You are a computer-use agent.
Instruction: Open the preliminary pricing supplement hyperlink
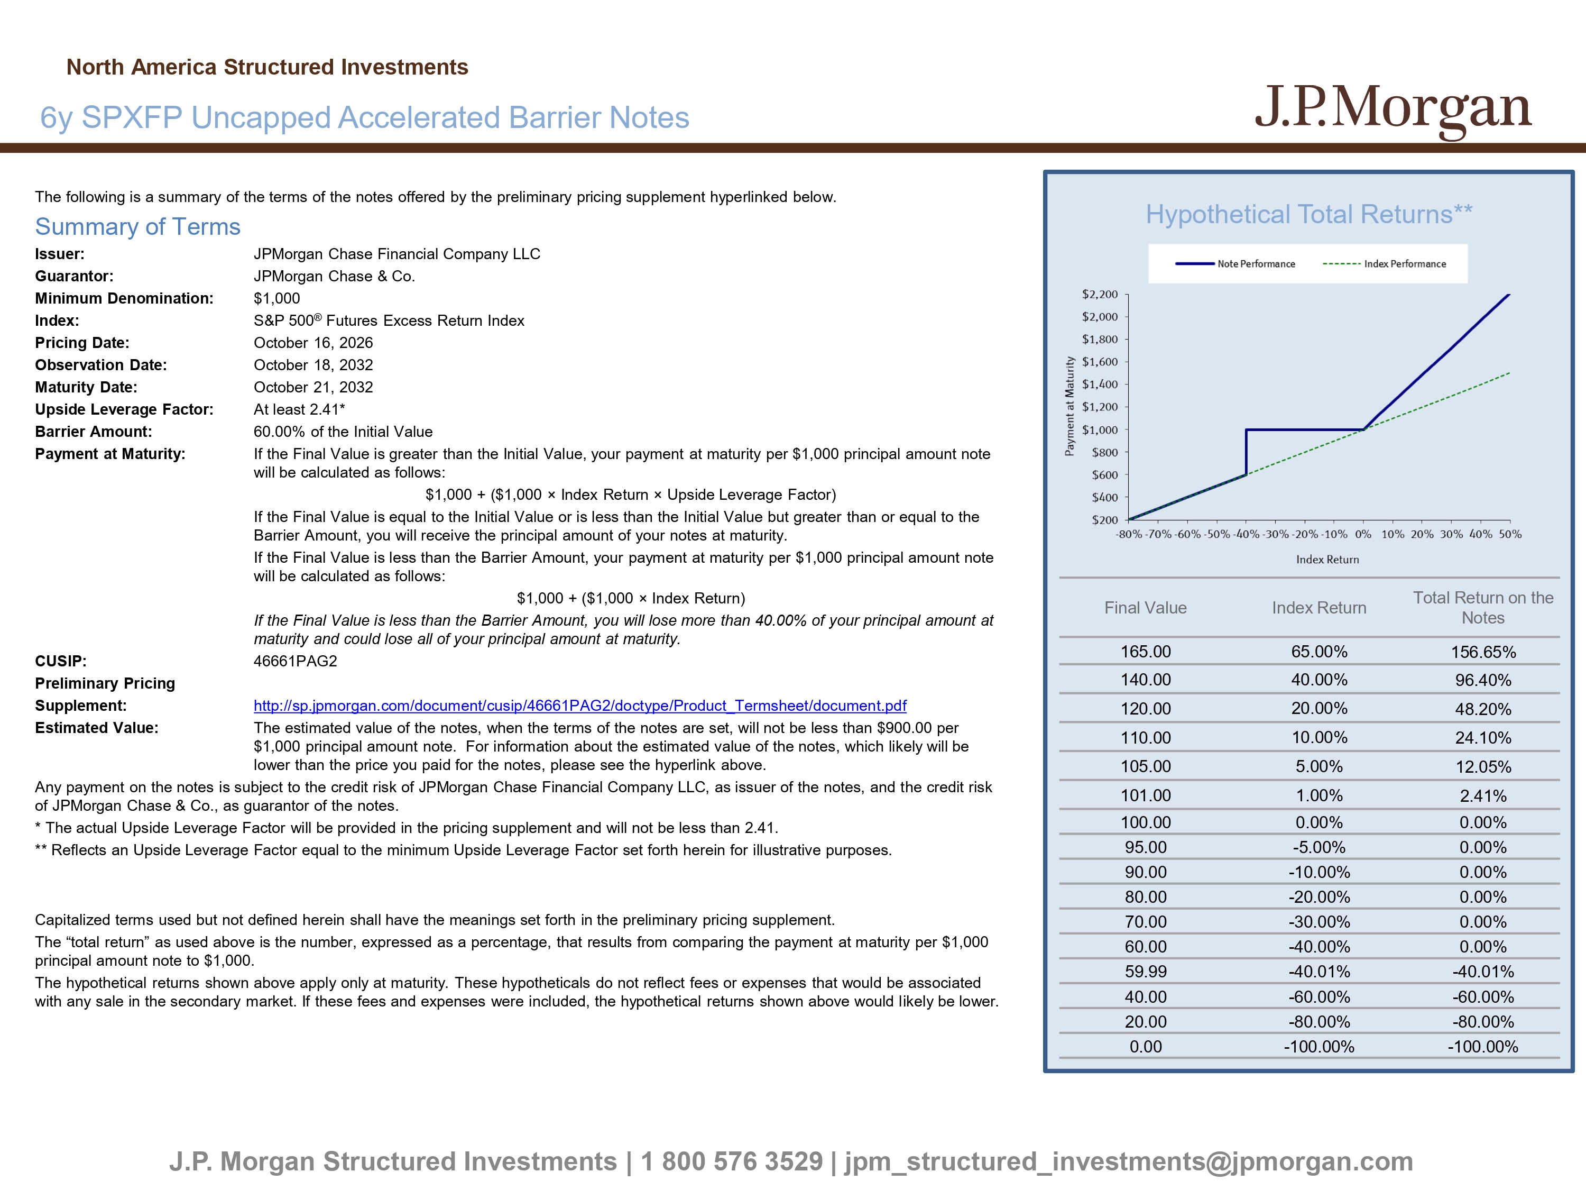580,706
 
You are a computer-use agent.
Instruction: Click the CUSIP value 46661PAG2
296,661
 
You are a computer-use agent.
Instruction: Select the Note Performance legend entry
1235,264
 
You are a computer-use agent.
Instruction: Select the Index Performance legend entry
1385,264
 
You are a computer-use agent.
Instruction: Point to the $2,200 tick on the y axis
1100,294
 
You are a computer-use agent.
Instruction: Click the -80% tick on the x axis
1129,534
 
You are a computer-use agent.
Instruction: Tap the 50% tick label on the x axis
1510,534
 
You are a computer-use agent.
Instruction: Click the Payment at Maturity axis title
1070,406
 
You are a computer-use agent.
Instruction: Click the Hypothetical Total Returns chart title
1309,215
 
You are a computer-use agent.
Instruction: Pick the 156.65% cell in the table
1483,652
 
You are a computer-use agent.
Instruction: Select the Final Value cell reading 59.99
1146,972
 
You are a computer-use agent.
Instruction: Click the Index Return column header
1319,608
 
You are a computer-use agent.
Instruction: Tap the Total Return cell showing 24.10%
1483,738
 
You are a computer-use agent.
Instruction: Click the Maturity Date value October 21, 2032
313,387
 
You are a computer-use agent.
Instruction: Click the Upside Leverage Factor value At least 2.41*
300,409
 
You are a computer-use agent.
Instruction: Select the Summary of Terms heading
137,227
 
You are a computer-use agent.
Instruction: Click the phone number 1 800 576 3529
732,1161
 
